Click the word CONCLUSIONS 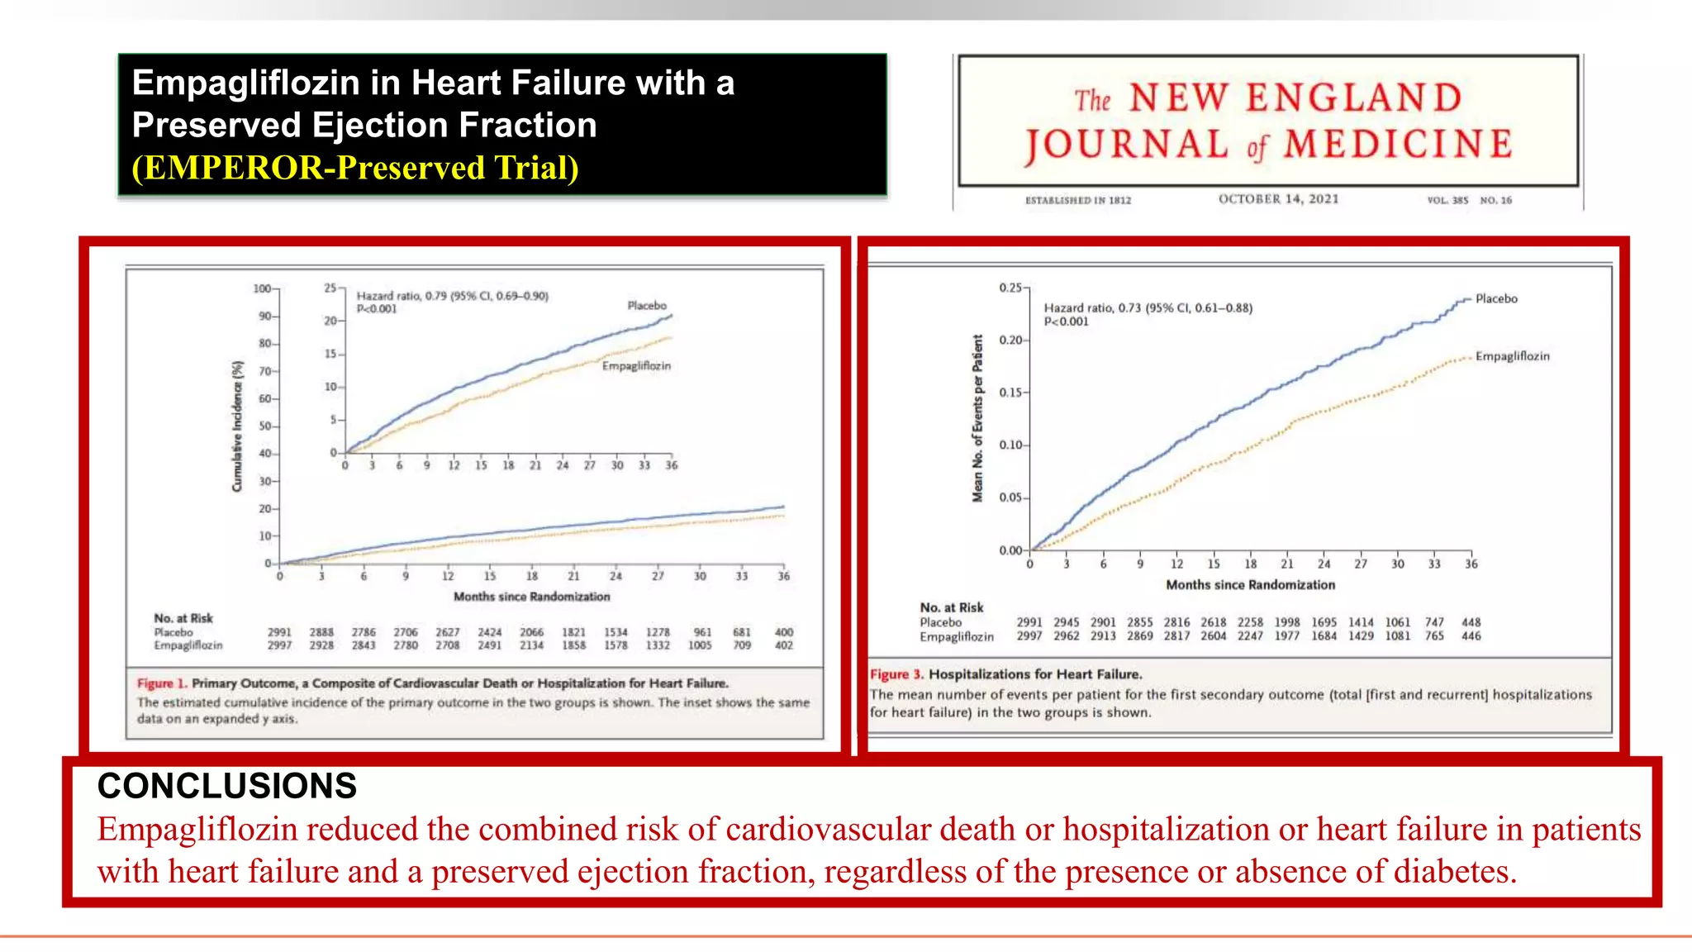click(227, 786)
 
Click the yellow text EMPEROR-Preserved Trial click(355, 168)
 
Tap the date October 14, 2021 click(1278, 199)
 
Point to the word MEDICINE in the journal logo click(1398, 145)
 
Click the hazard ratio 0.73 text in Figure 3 click(1148, 308)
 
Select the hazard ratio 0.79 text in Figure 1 click(452, 296)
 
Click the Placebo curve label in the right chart click(1496, 299)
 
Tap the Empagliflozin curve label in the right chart click(1512, 356)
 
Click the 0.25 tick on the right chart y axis click(1010, 288)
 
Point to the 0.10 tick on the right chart click(1010, 445)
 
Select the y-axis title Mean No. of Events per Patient click(978, 418)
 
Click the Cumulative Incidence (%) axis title click(238, 426)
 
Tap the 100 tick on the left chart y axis click(262, 288)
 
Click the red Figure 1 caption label click(162, 683)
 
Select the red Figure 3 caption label click(896, 674)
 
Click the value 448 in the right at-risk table click(1471, 622)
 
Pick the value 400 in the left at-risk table click(783, 632)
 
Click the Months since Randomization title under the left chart click(531, 597)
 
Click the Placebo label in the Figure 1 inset click(646, 306)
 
